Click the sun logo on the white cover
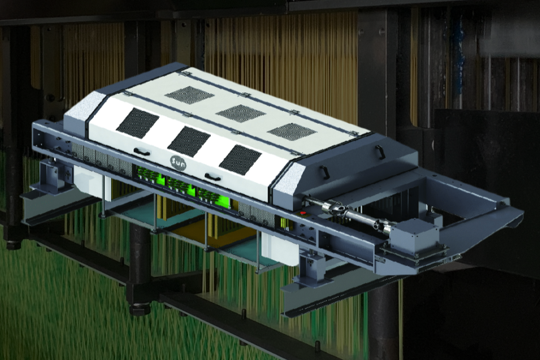click(x=178, y=163)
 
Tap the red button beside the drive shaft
click(x=303, y=213)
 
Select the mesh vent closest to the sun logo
click(x=189, y=143)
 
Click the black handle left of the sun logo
click(x=142, y=151)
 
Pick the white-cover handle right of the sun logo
click(x=213, y=177)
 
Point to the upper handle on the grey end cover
click(x=380, y=151)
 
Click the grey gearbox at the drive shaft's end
click(x=415, y=234)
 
